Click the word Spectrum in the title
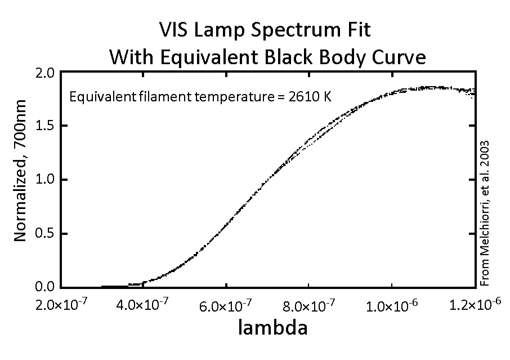(286, 30)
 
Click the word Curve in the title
(395, 57)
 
